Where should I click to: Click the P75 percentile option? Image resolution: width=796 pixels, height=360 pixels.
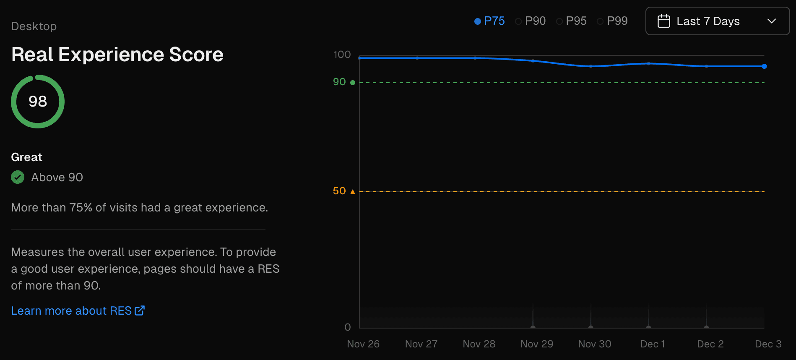pyautogui.click(x=489, y=21)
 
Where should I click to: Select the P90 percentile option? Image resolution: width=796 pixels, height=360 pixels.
pyautogui.click(x=531, y=21)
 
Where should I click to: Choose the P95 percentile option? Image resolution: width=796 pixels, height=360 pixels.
pyautogui.click(x=571, y=21)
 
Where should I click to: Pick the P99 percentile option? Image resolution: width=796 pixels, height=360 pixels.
pyautogui.click(x=612, y=21)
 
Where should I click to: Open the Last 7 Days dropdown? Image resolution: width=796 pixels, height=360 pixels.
pyautogui.click(x=717, y=21)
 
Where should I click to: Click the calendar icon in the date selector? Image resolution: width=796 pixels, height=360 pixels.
pyautogui.click(x=663, y=21)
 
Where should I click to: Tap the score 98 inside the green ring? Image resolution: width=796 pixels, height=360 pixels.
pyautogui.click(x=38, y=102)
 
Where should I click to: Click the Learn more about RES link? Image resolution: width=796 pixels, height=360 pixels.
pyautogui.click(x=78, y=310)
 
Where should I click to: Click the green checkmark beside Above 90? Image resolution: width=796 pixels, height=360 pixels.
pyautogui.click(x=18, y=177)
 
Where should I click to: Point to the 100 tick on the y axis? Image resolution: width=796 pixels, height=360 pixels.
pyautogui.click(x=342, y=55)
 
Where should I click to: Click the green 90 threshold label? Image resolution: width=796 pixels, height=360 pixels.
pyautogui.click(x=339, y=82)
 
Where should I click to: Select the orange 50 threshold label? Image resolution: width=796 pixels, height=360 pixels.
pyautogui.click(x=339, y=191)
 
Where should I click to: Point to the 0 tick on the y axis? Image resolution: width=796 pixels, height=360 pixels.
pyautogui.click(x=347, y=327)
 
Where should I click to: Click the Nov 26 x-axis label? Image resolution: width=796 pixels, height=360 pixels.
pyautogui.click(x=363, y=344)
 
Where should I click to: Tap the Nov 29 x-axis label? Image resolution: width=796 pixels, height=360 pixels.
pyautogui.click(x=536, y=344)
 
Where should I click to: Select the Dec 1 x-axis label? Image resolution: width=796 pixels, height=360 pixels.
pyautogui.click(x=652, y=344)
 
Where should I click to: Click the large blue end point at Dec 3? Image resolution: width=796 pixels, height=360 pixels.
pyautogui.click(x=764, y=66)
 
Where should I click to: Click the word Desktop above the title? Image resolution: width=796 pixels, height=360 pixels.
pyautogui.click(x=34, y=26)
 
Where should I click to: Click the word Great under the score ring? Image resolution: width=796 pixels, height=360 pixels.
pyautogui.click(x=27, y=157)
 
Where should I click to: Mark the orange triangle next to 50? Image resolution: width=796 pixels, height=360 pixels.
pyautogui.click(x=353, y=192)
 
